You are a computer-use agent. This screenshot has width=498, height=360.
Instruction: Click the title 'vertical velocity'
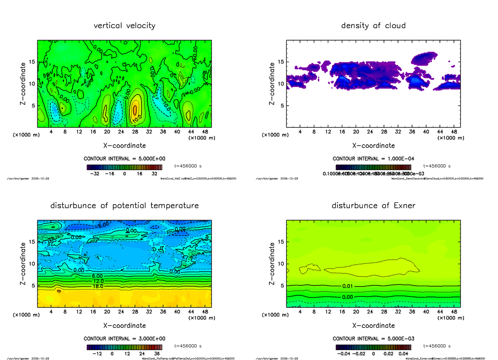click(x=124, y=26)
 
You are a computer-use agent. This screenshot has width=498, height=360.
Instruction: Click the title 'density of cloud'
click(x=373, y=26)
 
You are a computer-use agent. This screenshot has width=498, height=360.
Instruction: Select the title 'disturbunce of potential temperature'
click(x=124, y=206)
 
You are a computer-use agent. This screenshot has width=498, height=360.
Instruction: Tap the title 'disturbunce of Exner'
click(x=373, y=206)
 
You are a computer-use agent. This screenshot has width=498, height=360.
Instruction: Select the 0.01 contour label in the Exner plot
click(x=348, y=286)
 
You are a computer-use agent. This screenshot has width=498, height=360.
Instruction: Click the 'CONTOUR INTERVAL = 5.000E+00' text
click(x=124, y=159)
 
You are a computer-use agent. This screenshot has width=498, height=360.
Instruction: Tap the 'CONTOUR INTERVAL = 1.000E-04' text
click(x=373, y=159)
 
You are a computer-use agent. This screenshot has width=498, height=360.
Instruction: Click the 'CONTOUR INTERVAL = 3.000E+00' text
click(x=124, y=338)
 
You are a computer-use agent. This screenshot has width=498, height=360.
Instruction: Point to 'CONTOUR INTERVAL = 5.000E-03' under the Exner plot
click(x=373, y=338)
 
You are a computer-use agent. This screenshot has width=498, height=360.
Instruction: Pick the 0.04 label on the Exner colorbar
click(x=402, y=354)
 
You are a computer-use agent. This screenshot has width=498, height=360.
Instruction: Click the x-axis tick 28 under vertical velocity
click(x=135, y=132)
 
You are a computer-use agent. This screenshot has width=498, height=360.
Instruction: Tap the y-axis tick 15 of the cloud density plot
click(x=280, y=62)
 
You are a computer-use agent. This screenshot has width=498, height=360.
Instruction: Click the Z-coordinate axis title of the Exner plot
click(x=272, y=264)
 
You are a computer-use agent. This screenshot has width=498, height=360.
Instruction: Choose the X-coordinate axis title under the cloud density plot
click(x=373, y=146)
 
